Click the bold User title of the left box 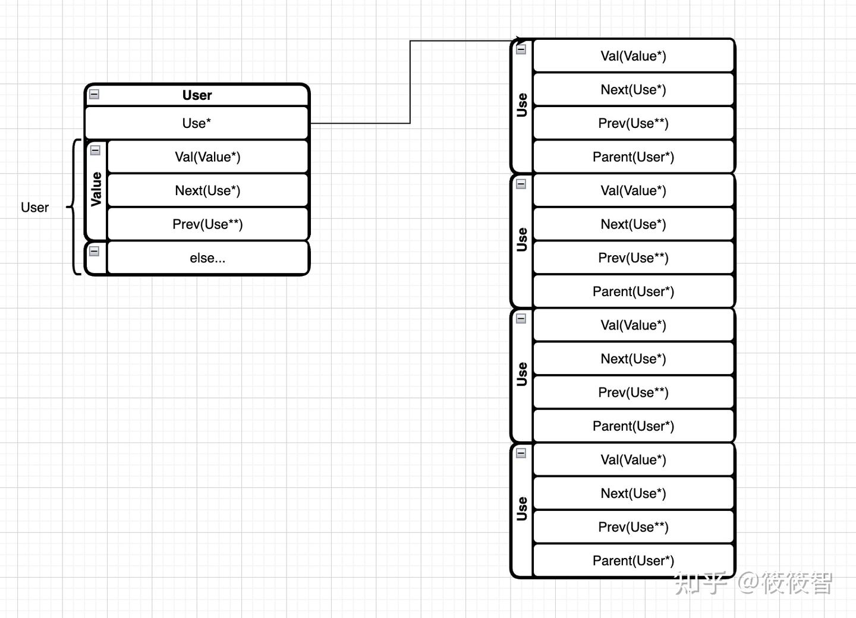point(197,95)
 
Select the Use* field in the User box point(196,123)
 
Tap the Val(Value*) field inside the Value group point(207,157)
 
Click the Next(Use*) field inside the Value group point(207,191)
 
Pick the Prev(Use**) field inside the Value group point(207,224)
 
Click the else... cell point(207,258)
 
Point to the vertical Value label point(96,190)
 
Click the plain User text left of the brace point(34,208)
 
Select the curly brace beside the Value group point(74,207)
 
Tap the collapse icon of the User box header point(94,94)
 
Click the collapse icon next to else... point(94,251)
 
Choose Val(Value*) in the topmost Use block point(633,56)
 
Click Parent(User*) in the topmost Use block point(633,157)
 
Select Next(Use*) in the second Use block point(633,224)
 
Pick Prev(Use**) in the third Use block point(633,393)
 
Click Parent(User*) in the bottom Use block point(633,561)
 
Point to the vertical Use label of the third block point(522,374)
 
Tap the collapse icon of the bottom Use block point(521,453)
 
